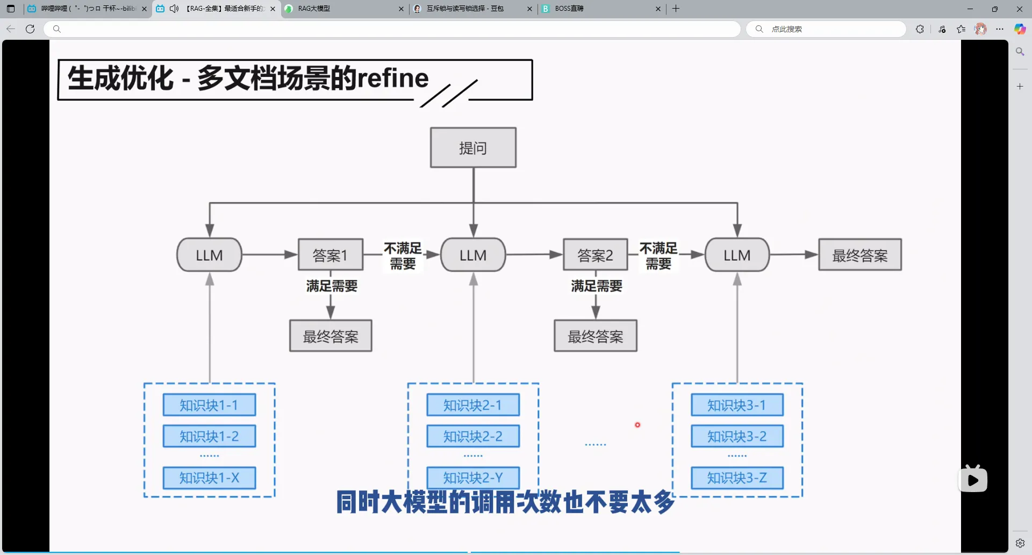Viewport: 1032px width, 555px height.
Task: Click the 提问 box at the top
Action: point(473,148)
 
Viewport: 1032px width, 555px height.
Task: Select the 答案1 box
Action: point(331,255)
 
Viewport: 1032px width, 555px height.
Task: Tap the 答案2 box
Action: point(595,255)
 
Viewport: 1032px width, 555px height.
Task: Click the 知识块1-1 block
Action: point(209,405)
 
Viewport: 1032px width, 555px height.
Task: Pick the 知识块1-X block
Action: point(209,478)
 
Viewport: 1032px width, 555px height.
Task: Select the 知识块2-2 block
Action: point(473,436)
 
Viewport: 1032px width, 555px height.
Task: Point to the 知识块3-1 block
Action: point(737,405)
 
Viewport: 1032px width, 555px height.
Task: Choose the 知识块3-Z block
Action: point(737,478)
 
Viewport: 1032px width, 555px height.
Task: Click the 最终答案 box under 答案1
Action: point(331,336)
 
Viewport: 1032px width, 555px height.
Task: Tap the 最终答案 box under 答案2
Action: point(596,336)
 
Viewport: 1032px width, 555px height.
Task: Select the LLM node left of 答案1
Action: point(209,255)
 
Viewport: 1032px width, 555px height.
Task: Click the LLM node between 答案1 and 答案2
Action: point(473,255)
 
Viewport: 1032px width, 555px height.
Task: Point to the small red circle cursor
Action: point(637,425)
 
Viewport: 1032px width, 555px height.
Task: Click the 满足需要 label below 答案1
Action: point(332,286)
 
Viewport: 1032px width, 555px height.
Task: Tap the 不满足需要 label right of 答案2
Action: point(658,255)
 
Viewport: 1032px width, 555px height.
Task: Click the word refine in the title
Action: point(393,79)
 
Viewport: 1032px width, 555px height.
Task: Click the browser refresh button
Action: point(30,29)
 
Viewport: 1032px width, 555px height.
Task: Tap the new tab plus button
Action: point(676,9)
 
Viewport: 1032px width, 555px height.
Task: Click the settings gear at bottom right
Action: point(1020,543)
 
